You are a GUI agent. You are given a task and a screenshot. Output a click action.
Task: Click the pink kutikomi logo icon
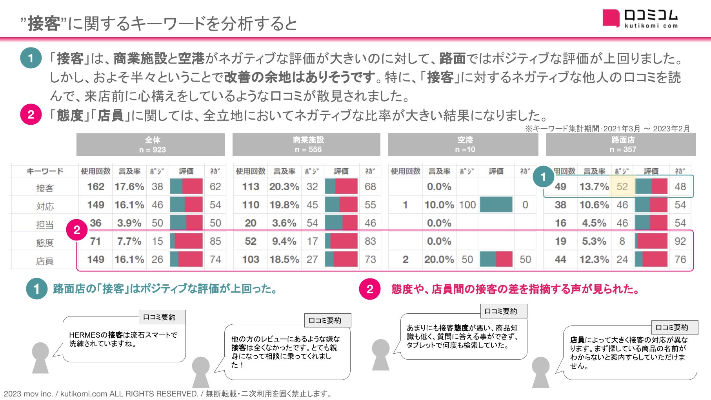pos(611,18)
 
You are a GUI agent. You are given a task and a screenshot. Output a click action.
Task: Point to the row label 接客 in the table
pos(45,188)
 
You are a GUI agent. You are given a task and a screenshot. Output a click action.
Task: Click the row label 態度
pos(45,243)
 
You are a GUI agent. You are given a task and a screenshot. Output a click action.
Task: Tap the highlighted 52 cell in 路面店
pos(622,187)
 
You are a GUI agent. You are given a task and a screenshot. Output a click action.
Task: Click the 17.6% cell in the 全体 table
pos(129,187)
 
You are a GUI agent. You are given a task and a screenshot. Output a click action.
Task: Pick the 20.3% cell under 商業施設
pos(284,187)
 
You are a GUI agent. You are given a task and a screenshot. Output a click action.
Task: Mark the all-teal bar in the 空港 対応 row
pos(496,205)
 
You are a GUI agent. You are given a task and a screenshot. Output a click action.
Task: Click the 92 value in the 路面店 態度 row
pos(680,241)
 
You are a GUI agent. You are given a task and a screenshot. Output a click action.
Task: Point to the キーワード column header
pos(45,171)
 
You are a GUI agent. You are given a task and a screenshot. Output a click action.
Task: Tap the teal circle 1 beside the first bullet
pos(31,58)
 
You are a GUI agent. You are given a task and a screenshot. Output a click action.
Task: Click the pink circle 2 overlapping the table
pos(77,230)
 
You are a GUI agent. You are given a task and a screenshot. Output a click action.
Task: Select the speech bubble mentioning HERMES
pos(124,340)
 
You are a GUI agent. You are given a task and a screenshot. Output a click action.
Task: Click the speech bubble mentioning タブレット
pos(464,336)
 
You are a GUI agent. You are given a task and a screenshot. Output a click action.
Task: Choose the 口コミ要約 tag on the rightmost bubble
pos(672,327)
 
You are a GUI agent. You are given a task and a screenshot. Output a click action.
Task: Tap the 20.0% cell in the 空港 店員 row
pos(439,259)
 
